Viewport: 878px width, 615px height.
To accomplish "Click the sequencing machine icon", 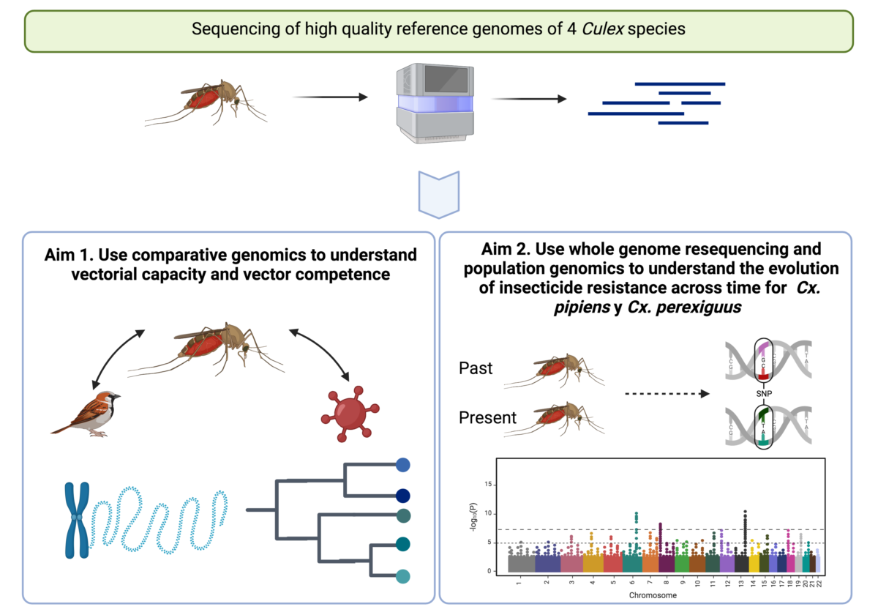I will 431,102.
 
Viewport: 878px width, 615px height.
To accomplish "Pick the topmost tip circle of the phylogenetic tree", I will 402,464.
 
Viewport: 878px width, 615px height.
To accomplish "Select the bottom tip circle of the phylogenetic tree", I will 402,576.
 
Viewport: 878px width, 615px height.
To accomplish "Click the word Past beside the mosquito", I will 476,368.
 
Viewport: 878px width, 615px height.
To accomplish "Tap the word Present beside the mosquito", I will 487,418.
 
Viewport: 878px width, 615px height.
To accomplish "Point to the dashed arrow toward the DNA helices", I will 666,395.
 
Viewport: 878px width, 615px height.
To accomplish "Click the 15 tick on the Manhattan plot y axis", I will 489,485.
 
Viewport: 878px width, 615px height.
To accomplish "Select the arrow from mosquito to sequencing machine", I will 329,97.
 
